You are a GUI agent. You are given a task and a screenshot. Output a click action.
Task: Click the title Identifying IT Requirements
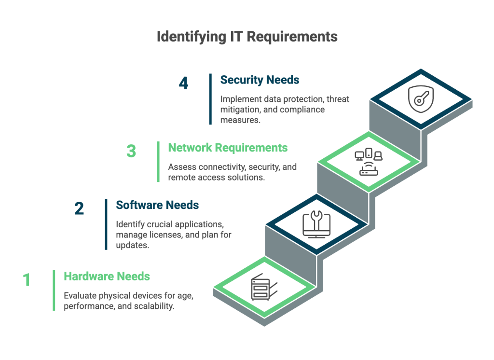[247, 37]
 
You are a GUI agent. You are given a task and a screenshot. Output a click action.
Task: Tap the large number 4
[183, 83]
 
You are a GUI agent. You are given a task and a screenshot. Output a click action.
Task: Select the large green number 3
[131, 151]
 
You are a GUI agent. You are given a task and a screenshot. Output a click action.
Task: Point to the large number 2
[79, 208]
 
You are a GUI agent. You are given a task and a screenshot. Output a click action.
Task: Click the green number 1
[27, 279]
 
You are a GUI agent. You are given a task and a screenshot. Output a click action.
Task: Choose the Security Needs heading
[260, 80]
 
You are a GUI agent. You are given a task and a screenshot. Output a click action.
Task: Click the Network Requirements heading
[228, 148]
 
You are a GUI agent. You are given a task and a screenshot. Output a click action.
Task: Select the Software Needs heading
[157, 205]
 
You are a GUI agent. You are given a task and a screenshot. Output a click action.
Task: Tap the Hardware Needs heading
[107, 277]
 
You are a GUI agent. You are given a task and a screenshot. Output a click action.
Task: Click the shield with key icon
[421, 99]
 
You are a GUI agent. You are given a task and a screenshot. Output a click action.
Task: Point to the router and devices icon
[369, 161]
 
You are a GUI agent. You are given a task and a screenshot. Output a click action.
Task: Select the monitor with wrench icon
[316, 224]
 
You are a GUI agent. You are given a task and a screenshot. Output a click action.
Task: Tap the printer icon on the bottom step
[264, 287]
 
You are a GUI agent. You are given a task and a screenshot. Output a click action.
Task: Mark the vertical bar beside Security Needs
[210, 99]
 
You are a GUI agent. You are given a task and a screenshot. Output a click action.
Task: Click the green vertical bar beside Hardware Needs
[54, 291]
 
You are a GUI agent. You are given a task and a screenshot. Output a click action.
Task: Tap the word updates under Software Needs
[132, 245]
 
